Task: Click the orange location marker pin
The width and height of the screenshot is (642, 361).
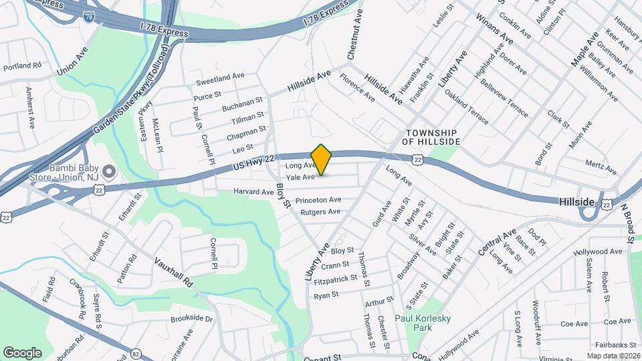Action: point(322,160)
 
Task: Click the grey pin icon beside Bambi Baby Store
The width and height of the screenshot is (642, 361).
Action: point(110,172)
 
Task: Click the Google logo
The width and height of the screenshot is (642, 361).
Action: point(23,352)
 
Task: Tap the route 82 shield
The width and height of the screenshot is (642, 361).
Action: point(136,352)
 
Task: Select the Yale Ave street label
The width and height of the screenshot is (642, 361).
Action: point(300,177)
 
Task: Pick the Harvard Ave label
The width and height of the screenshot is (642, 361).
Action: point(253,192)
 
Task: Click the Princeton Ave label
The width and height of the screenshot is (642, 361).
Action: point(318,200)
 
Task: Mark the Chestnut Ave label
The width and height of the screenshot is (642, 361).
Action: point(354,36)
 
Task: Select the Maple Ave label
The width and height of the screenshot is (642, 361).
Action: point(583,49)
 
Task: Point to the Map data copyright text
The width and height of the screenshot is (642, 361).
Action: point(613,356)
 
